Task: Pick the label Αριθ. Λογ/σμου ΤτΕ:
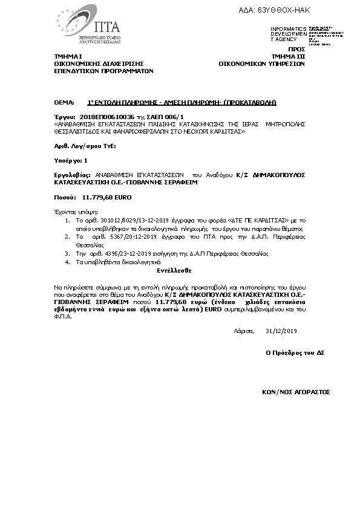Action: tap(81, 146)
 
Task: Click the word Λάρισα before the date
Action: tap(244, 331)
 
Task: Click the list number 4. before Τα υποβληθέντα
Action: tap(67, 263)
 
